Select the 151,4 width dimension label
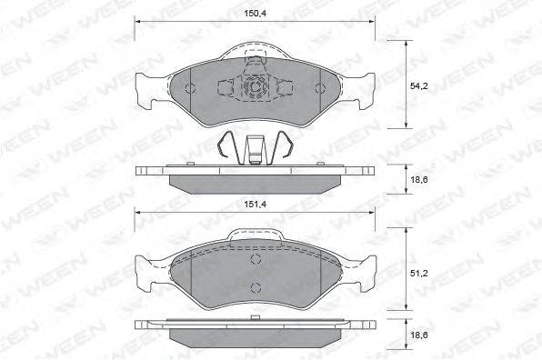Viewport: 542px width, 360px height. point(256,205)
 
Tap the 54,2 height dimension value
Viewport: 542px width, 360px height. point(419,86)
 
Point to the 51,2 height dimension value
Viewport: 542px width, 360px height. point(419,274)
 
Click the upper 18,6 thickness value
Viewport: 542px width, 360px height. point(419,179)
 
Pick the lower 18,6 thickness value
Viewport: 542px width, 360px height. point(419,335)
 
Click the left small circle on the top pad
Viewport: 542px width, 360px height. point(190,88)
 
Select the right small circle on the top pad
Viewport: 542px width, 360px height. point(320,88)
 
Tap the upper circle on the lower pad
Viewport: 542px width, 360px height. point(256,259)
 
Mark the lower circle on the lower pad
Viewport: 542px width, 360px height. point(256,287)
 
